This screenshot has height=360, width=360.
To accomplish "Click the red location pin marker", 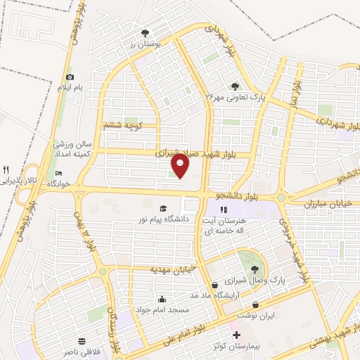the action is (x=181, y=166).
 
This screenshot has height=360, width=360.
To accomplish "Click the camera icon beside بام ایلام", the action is (x=70, y=77).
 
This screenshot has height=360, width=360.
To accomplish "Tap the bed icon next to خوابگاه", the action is (x=59, y=173).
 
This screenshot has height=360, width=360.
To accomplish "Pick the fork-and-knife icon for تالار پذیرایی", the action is (x=6, y=169).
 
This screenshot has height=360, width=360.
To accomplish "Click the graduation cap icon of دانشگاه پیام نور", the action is (x=164, y=208).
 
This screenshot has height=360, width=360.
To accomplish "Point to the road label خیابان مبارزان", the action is (x=330, y=202).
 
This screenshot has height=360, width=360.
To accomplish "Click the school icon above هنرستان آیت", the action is (x=224, y=210).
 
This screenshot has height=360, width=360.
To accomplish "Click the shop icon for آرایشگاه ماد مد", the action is (x=214, y=285).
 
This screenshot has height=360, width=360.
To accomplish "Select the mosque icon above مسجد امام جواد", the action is (x=162, y=299).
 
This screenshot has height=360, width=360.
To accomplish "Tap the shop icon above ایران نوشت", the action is (x=255, y=304).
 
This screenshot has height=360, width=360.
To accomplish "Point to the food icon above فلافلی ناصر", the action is (x=83, y=338).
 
